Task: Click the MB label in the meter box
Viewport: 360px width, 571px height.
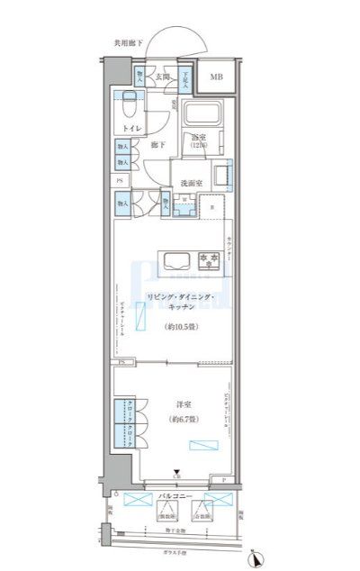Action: pyautogui.click(x=217, y=77)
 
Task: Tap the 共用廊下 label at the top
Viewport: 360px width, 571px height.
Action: pyautogui.click(x=128, y=42)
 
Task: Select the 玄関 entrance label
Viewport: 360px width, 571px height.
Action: pyautogui.click(x=163, y=78)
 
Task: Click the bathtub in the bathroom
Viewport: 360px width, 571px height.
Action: pyautogui.click(x=205, y=115)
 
